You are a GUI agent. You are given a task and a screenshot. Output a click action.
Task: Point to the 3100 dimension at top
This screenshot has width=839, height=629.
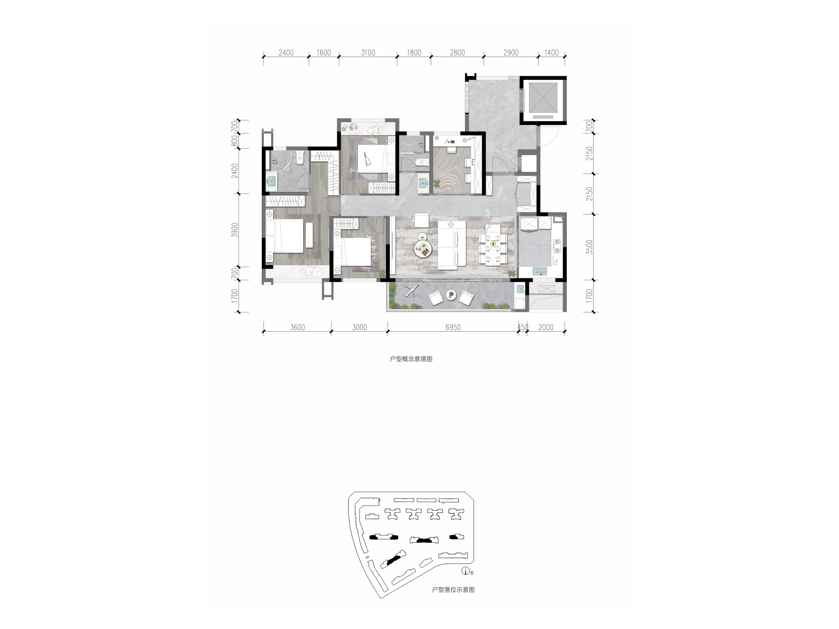point(367,53)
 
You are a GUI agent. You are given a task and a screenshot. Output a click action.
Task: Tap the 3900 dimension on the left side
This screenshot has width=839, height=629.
point(235,230)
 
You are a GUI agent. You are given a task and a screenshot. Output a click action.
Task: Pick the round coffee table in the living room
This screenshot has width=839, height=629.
point(422,248)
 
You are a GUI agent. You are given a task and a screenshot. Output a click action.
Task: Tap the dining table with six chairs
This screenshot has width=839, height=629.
point(493,244)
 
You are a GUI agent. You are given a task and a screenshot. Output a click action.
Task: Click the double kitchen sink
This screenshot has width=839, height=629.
point(540,271)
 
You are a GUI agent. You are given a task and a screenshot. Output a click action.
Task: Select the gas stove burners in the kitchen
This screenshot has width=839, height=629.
point(557,247)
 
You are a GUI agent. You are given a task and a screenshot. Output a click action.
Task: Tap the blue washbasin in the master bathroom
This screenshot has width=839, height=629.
point(272,182)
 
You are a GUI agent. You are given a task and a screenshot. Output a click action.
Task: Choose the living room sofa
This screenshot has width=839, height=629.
point(452,245)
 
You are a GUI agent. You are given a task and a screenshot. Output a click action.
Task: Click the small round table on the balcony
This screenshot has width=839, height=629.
point(451,295)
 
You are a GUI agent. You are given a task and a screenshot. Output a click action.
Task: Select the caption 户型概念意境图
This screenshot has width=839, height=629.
point(411,359)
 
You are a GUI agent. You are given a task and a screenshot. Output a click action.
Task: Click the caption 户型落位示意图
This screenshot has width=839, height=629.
point(453,590)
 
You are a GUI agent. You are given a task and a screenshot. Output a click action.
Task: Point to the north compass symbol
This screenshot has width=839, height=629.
point(464,571)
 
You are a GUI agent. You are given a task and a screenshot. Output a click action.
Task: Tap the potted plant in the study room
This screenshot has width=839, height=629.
point(437,184)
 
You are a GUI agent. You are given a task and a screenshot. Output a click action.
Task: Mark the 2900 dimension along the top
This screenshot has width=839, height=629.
point(511,53)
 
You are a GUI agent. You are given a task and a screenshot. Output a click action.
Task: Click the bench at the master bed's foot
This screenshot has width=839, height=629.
point(309,235)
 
